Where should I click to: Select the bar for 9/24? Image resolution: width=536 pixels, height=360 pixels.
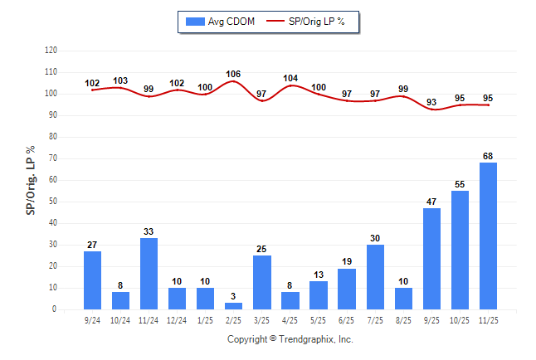point(92,280)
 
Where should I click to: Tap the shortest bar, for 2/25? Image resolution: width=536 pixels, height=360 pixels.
point(233,306)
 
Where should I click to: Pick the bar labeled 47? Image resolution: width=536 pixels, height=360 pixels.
point(431,259)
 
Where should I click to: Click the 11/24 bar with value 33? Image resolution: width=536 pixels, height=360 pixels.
point(149,274)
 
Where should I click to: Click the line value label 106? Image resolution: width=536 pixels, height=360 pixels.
point(233,74)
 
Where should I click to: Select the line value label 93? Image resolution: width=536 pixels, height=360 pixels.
point(431,103)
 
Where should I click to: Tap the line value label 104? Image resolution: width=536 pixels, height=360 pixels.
point(290,78)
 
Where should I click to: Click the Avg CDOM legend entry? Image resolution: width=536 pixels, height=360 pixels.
point(221,21)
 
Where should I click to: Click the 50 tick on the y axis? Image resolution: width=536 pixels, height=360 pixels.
point(53,202)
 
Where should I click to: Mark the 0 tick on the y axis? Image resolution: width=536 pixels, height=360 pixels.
point(55,309)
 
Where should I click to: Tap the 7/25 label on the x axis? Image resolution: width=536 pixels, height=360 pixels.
point(375,319)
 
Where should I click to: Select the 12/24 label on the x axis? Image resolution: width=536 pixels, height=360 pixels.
point(177,319)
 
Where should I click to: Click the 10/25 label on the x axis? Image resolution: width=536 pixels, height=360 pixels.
point(460,319)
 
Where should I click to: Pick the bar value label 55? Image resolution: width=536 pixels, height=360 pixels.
point(460,185)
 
